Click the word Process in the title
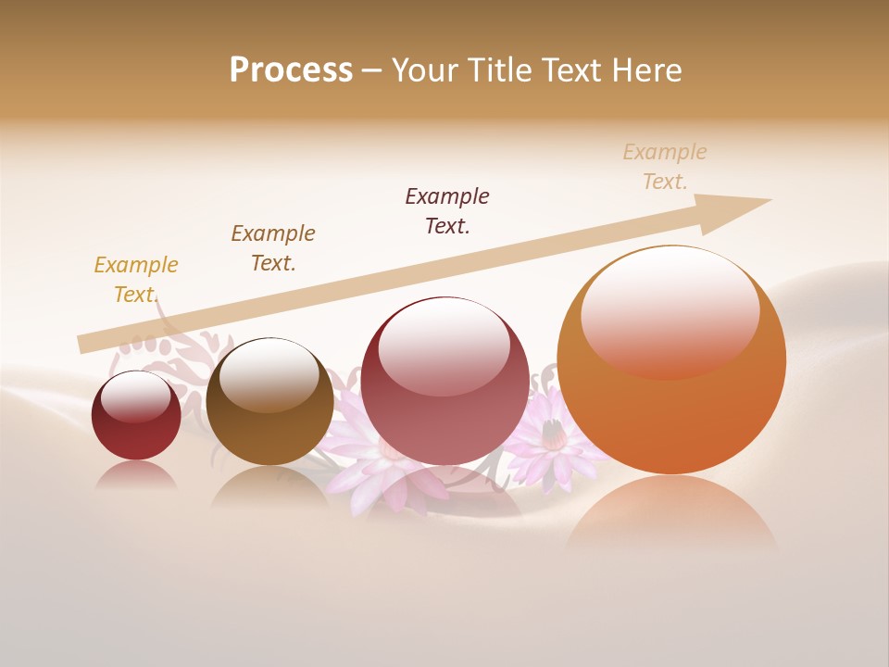(x=291, y=70)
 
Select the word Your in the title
(x=421, y=70)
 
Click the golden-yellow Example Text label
(x=136, y=280)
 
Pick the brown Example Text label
(x=273, y=248)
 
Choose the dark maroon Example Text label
(x=447, y=211)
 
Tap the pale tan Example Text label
(x=665, y=167)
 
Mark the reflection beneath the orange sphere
(x=671, y=514)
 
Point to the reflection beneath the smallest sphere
(x=136, y=475)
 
